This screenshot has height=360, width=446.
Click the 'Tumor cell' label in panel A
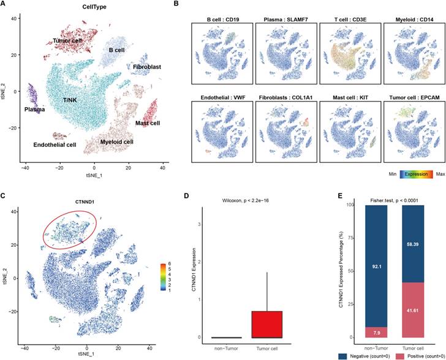click(x=67, y=40)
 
